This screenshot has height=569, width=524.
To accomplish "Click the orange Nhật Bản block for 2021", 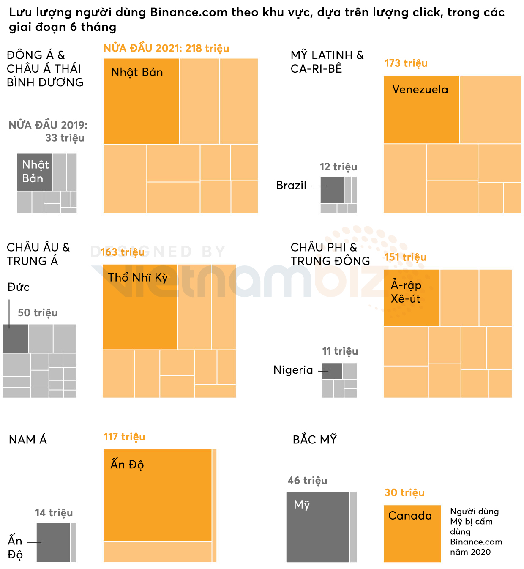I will (141, 101).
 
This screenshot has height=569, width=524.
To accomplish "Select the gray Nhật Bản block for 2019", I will (35, 172).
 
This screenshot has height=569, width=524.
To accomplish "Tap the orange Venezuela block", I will (421, 109).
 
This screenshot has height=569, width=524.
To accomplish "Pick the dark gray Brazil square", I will (332, 190).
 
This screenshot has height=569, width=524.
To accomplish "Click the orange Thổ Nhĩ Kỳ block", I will (140, 306).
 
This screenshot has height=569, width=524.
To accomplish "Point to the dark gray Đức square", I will (16, 339).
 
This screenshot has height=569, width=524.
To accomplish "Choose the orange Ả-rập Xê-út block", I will (411, 298).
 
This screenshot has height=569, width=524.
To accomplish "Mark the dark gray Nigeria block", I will (332, 371).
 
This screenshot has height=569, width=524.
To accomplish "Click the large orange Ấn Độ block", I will (157, 495).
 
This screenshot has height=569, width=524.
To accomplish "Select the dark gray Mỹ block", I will (318, 527).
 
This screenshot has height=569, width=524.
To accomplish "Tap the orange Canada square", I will (412, 533).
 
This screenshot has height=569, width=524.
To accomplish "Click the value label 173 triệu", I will (406, 63).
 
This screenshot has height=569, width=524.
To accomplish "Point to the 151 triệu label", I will (405, 257).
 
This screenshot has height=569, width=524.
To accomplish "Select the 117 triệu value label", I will (124, 437).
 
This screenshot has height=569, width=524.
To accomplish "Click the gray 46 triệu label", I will (307, 481).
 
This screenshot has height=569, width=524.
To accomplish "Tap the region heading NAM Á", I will (28, 440).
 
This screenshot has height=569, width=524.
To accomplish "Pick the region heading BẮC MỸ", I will (315, 440).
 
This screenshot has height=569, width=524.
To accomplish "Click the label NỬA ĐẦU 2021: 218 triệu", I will (166, 48).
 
